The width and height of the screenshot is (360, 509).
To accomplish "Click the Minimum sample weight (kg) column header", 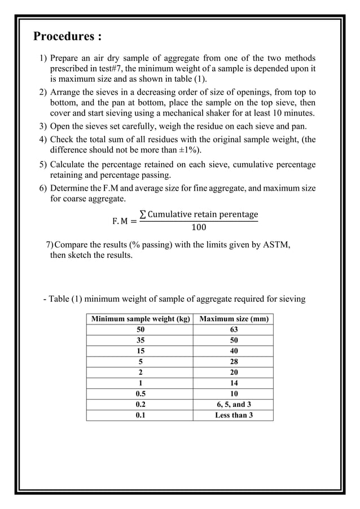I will coord(140,319).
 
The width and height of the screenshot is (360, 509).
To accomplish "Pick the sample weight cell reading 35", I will coord(140,341).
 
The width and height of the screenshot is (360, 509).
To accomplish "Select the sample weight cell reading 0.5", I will coord(140,394).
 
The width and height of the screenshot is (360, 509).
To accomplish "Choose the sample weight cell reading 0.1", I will coord(140,416).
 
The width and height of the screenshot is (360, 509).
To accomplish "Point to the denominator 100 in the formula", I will coord(199,228).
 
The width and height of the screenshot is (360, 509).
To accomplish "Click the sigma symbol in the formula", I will coord(143,214).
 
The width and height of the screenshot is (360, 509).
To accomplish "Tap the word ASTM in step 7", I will coord(277,244).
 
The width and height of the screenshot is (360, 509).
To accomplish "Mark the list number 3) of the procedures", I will coord(43,126).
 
